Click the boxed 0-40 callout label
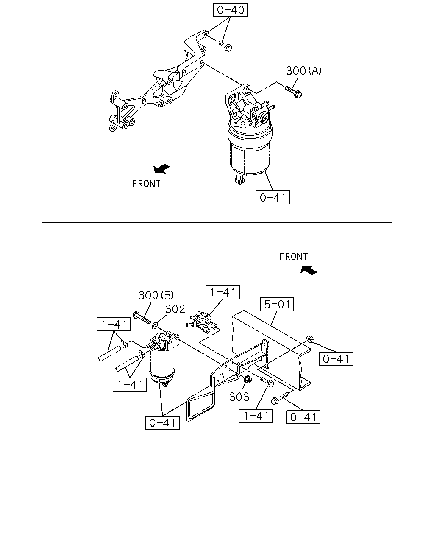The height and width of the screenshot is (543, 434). click(230, 10)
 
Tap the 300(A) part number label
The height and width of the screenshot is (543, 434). click(303, 71)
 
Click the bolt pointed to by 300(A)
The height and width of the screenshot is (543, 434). click(294, 92)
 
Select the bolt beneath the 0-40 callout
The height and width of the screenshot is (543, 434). click(225, 46)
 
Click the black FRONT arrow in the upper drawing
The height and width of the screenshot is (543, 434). click(161, 168)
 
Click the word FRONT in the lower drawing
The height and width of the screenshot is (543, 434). click(293, 257)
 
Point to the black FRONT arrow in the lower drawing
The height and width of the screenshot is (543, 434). click(309, 270)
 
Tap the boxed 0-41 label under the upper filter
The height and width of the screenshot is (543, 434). click(273, 197)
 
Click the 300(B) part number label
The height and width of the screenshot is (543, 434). click(156, 295)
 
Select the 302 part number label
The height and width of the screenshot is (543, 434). click(175, 309)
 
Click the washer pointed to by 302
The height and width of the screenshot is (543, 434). click(155, 325)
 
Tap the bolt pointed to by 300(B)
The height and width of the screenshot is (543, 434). click(142, 318)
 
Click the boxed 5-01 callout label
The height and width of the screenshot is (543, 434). click(277, 304)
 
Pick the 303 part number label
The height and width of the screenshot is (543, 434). click(239, 397)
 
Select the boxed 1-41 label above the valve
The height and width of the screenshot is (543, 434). click(223, 292)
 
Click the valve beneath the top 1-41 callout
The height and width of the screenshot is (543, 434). click(202, 322)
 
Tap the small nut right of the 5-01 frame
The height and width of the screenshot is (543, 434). click(309, 339)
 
